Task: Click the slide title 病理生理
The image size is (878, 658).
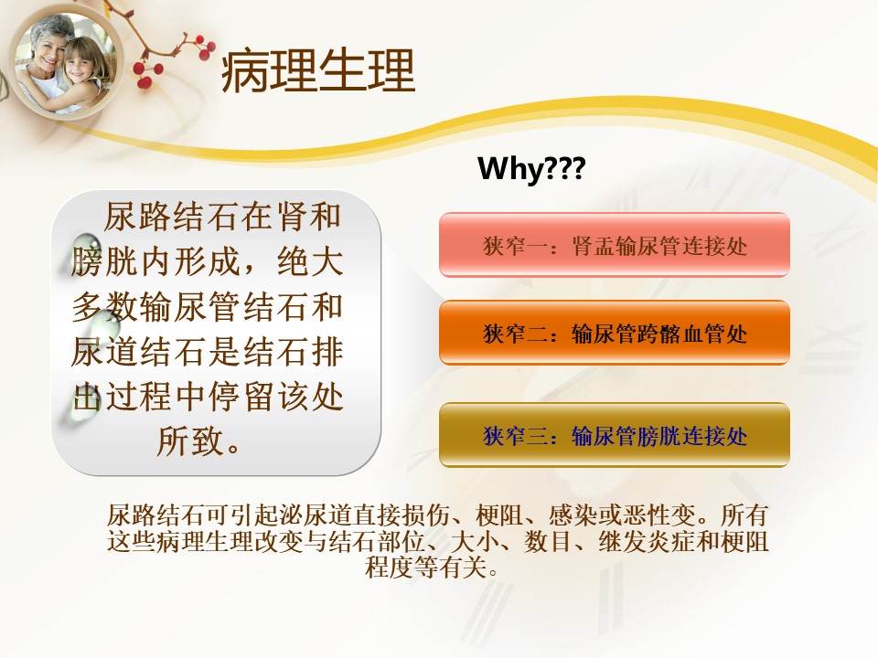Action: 318,70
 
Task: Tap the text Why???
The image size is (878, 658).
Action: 531,167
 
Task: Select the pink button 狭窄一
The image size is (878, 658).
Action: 615,245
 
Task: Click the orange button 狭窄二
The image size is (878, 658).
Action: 615,333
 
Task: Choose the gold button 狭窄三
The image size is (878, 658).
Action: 615,435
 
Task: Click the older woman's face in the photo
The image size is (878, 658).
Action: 47,44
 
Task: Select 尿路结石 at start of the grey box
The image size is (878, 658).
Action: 171,217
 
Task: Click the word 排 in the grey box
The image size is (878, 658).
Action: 327,351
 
